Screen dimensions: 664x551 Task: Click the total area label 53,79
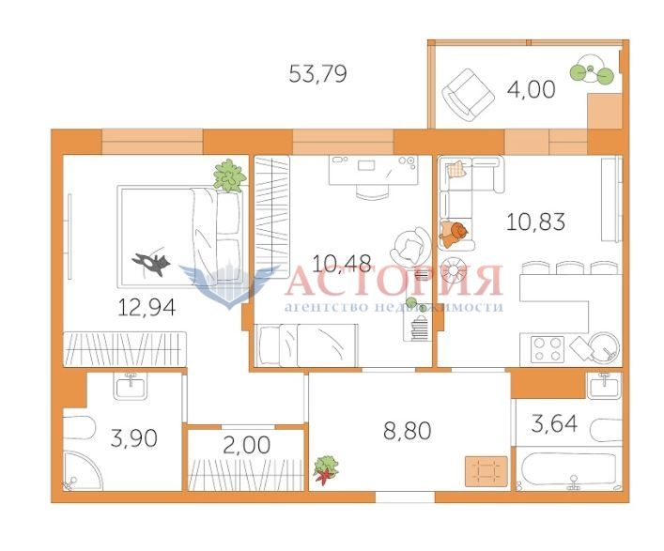pyautogui.click(x=317, y=73)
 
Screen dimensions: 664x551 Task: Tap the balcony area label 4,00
pyautogui.click(x=531, y=90)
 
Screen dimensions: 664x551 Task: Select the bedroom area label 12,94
pyautogui.click(x=147, y=307)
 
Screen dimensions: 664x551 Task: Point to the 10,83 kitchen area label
pyautogui.click(x=535, y=222)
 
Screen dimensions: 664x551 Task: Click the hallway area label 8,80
pyautogui.click(x=408, y=431)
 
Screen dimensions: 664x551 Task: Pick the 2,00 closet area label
pyautogui.click(x=246, y=445)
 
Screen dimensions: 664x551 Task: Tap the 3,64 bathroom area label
pyautogui.click(x=554, y=423)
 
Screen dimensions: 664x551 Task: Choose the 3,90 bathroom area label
pyautogui.click(x=133, y=437)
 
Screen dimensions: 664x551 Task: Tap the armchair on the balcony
pyautogui.click(x=468, y=95)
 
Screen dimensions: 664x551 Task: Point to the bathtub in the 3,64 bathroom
pyautogui.click(x=569, y=469)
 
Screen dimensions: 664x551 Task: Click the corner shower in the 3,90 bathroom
pyautogui.click(x=83, y=470)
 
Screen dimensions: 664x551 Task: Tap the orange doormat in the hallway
pyautogui.click(x=486, y=471)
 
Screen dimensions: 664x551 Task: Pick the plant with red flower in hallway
pyautogui.click(x=326, y=469)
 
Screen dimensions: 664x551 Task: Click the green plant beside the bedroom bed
pyautogui.click(x=229, y=176)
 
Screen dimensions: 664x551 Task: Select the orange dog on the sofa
pyautogui.click(x=454, y=234)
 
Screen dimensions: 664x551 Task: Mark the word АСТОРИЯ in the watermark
pyautogui.click(x=394, y=281)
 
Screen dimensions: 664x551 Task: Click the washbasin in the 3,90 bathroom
pyautogui.click(x=131, y=386)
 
